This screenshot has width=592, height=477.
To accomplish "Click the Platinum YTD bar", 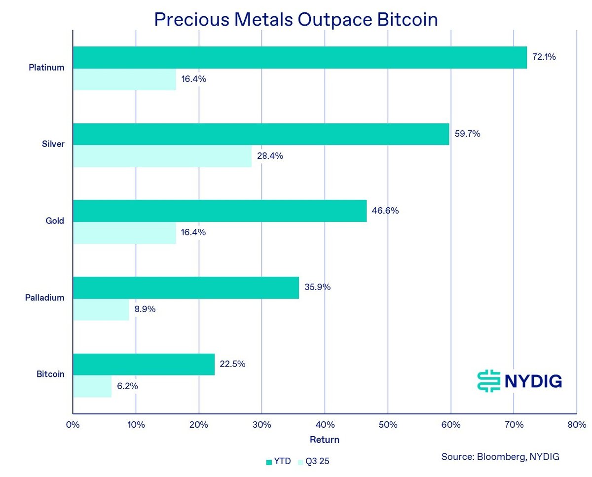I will tap(299, 57).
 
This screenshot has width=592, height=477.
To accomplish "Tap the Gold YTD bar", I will tap(220, 211).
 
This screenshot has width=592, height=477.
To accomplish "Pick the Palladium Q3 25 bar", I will tap(101, 310).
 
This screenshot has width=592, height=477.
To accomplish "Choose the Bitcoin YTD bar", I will tap(144, 365).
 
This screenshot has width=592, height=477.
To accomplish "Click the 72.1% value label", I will tap(544, 57).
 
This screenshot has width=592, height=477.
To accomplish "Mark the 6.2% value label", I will tap(127, 386).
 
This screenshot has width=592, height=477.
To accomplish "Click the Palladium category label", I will tap(44, 298).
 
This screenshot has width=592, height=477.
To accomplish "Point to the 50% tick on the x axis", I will tap(388, 425).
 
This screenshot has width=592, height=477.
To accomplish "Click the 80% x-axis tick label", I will tap(576, 425).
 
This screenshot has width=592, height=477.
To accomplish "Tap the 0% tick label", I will tap(73, 425).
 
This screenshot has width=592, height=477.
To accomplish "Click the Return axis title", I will tap(325, 440).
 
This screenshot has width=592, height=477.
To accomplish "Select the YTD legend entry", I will tap(279, 462).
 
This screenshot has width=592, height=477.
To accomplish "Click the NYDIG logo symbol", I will tap(489, 381).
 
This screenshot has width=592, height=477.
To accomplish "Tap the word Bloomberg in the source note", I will tap(501, 457).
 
